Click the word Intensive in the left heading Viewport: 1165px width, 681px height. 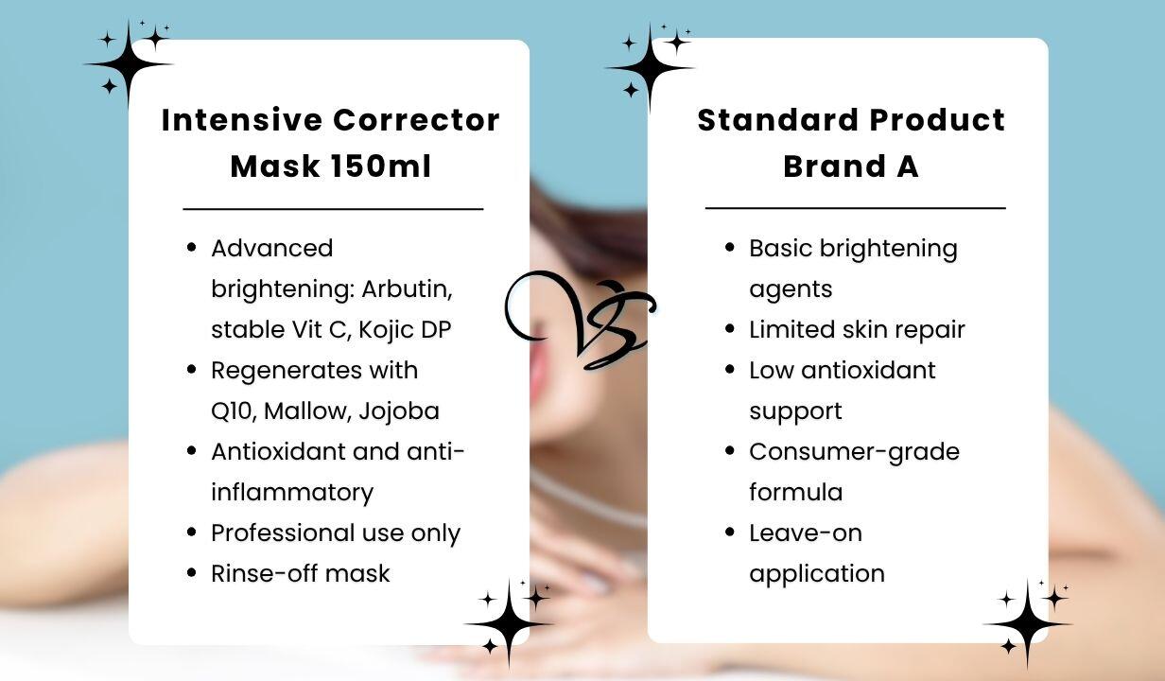[x=242, y=120]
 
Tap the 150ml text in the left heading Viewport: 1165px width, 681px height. [x=381, y=166]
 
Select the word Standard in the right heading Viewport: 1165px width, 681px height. [x=778, y=120]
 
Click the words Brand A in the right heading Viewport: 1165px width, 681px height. [x=851, y=166]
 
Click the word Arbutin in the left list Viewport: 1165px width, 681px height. [x=408, y=288]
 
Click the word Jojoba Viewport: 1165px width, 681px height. [x=399, y=411]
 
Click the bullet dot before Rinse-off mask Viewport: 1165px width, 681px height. [x=191, y=573]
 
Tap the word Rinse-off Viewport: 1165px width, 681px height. [x=263, y=574]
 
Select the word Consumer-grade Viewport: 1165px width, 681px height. [x=855, y=452]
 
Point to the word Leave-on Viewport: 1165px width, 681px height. [x=806, y=533]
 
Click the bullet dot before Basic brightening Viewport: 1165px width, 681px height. [x=730, y=247]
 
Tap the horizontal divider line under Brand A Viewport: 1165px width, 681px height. [x=856, y=208]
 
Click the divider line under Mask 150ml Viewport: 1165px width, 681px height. [x=334, y=209]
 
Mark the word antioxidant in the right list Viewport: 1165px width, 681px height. [x=868, y=371]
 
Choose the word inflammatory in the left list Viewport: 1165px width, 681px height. [x=292, y=493]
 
